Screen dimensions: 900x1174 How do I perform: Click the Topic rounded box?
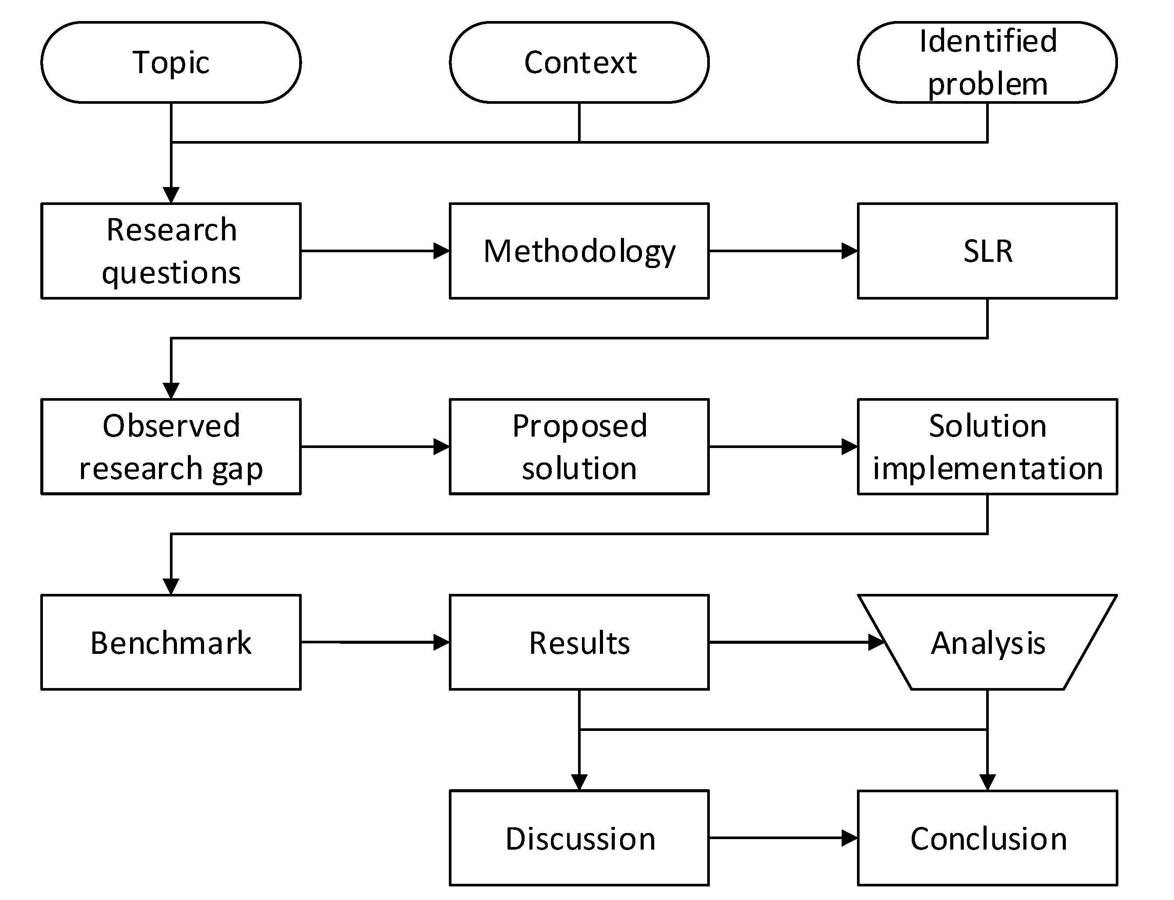(171, 62)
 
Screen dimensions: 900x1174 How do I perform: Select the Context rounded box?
(579, 62)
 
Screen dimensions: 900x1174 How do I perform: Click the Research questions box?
(171, 251)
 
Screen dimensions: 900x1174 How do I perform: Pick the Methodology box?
(579, 251)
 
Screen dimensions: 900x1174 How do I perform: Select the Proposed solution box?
(579, 446)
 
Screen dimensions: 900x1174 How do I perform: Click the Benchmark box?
(171, 642)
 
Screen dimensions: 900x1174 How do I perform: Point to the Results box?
(579, 642)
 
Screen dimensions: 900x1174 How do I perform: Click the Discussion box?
(579, 838)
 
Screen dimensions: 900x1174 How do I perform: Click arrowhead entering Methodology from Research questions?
(441, 251)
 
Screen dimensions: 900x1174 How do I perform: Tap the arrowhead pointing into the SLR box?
(850, 251)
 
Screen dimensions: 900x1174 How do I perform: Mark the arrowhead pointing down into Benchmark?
(171, 586)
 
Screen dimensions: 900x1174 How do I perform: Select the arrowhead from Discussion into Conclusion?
(850, 838)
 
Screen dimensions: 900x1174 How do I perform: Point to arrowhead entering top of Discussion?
(579, 782)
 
